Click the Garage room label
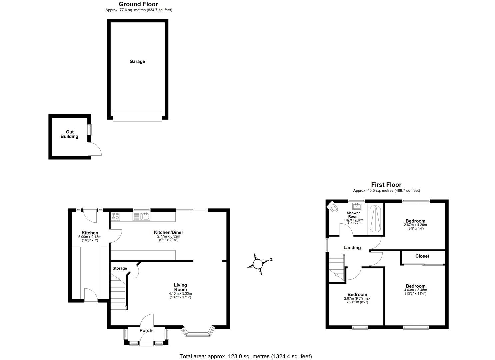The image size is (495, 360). click(137, 61)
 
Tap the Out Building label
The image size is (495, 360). click(69, 134)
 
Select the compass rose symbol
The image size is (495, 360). click(258, 264)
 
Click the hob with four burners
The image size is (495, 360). click(116, 216)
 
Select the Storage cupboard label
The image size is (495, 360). click(120, 268)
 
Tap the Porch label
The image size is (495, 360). click(146, 331)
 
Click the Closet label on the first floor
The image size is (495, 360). click(422, 256)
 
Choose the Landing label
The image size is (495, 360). click(352, 248)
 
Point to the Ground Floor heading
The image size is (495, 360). click(138, 4)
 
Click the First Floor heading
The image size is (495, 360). click(386, 185)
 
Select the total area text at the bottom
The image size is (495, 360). click(246, 356)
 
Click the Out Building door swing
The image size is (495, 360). click(96, 149)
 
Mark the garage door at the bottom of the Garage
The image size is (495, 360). click(137, 116)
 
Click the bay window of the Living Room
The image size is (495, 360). click(198, 332)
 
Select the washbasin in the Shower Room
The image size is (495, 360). click(357, 205)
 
